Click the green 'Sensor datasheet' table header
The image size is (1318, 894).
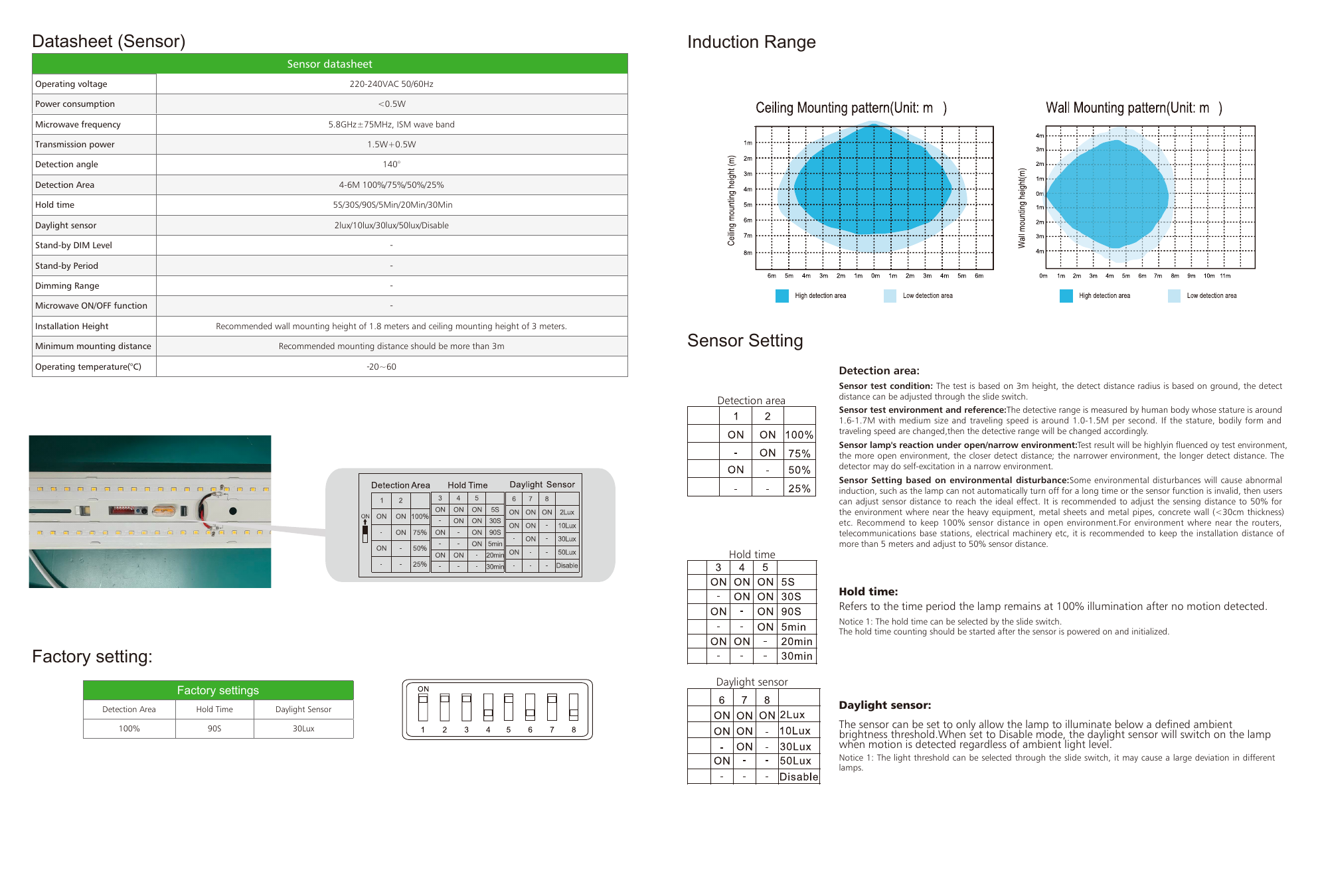point(329,64)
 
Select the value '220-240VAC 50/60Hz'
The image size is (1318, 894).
point(391,84)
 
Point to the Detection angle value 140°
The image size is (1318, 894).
point(391,165)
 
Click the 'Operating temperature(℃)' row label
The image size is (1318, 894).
point(88,367)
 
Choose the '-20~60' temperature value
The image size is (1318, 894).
point(381,367)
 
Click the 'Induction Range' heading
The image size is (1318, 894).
point(751,42)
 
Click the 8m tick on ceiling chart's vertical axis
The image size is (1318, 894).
point(748,253)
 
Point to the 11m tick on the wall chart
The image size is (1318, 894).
point(1225,276)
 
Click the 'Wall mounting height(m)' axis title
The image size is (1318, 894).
point(1022,208)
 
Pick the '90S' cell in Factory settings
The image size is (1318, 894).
point(214,729)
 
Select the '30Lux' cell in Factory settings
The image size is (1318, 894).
point(303,729)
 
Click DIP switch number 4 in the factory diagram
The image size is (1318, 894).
point(488,708)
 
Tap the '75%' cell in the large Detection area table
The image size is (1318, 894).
point(799,453)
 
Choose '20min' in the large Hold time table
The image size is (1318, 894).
point(797,642)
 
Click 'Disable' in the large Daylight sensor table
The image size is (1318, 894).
point(799,777)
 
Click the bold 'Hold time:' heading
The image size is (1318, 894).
point(868,592)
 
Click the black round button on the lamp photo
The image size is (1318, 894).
point(233,511)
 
